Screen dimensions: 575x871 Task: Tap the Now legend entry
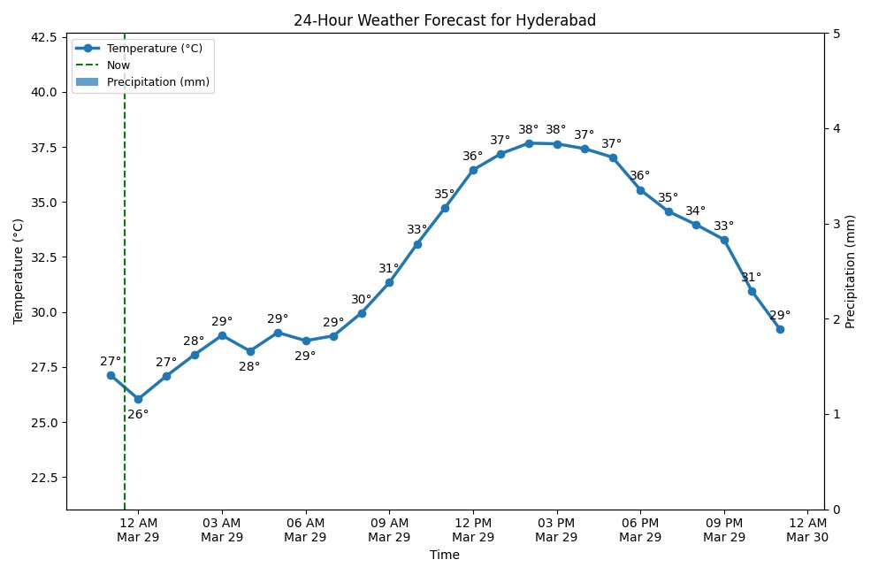click(x=118, y=65)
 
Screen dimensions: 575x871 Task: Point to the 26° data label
click(x=138, y=414)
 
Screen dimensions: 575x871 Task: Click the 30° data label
click(x=361, y=299)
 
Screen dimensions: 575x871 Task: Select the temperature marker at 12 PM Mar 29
click(x=473, y=170)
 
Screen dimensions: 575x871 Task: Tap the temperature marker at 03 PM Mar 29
click(x=557, y=144)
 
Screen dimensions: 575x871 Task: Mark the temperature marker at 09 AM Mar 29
click(x=389, y=282)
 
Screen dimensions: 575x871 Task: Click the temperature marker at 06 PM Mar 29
click(x=640, y=190)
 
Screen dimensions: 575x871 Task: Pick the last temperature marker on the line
click(x=780, y=329)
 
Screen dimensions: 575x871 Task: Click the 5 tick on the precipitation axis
click(x=836, y=34)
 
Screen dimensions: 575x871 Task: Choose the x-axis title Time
click(x=444, y=556)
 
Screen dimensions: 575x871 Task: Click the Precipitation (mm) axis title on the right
click(x=851, y=272)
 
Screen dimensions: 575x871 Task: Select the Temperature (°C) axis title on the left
click(x=19, y=272)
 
